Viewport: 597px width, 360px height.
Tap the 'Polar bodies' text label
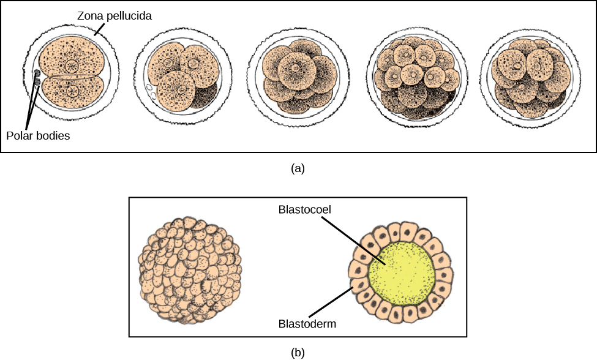pyautogui.click(x=38, y=135)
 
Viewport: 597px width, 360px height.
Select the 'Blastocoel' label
pyautogui.click(x=305, y=209)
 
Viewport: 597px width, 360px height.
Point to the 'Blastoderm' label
pyautogui.click(x=306, y=324)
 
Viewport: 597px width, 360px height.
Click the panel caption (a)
pyautogui.click(x=298, y=168)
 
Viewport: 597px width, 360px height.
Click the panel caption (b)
pyautogui.click(x=298, y=352)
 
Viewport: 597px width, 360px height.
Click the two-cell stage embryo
pyautogui.click(x=71, y=75)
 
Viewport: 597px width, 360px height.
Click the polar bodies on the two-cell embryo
pyautogui.click(x=37, y=77)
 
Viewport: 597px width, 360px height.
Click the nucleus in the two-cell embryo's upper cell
pyautogui.click(x=72, y=64)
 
